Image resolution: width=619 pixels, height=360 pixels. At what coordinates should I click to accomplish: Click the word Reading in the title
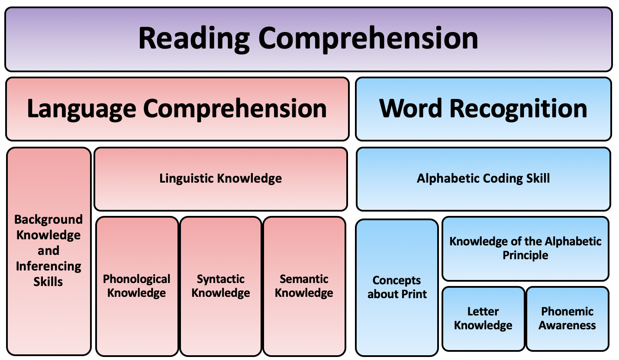(193, 38)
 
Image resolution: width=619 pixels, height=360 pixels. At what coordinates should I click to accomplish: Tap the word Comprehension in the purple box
(368, 38)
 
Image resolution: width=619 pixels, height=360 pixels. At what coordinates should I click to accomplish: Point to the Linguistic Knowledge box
(221, 179)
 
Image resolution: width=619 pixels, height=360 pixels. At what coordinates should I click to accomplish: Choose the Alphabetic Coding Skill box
(483, 179)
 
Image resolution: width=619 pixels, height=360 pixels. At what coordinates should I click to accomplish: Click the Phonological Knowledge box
(137, 286)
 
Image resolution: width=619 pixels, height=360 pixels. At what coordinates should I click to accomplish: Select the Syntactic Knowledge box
(221, 286)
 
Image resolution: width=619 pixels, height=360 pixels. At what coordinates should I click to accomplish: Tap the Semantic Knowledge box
(304, 286)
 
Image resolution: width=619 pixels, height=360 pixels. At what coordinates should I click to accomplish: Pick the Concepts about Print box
(397, 287)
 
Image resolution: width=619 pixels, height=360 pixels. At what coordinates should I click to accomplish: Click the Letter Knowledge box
(483, 318)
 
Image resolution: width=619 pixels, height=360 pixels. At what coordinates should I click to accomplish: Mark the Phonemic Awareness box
(567, 318)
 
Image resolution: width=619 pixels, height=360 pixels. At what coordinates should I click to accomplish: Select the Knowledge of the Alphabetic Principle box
(526, 248)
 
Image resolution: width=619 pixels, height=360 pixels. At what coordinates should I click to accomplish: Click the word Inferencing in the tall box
(48, 266)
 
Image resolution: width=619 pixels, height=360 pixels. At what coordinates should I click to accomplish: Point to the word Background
(48, 219)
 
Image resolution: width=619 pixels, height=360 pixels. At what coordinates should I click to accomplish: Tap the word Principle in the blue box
(526, 255)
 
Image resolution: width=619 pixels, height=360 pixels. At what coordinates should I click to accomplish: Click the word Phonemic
(567, 312)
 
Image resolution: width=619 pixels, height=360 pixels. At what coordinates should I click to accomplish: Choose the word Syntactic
(221, 279)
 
